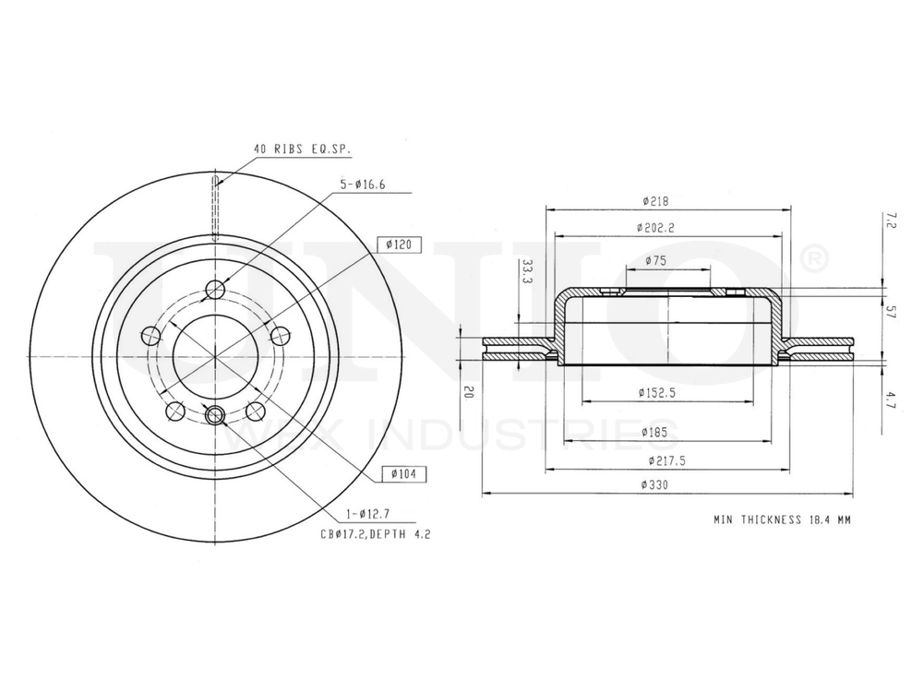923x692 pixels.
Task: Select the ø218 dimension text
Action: pos(656,200)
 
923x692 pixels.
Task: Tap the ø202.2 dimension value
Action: pos(656,227)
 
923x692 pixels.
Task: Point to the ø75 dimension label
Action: pos(656,260)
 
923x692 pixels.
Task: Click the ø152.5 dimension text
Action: pos(656,392)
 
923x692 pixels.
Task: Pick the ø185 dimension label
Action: pos(656,432)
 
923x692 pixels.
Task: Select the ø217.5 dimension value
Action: pos(656,459)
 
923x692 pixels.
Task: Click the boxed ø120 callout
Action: pos(400,245)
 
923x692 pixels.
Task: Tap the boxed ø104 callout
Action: pos(400,473)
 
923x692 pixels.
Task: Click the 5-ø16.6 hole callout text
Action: pos(363,185)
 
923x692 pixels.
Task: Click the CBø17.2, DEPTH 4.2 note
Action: pos(377,534)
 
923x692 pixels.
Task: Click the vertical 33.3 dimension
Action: pos(527,273)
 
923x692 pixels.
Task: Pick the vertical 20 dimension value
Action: pos(470,392)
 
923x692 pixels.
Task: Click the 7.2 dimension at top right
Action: pos(891,219)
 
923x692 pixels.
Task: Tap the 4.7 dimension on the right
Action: pos(892,398)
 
